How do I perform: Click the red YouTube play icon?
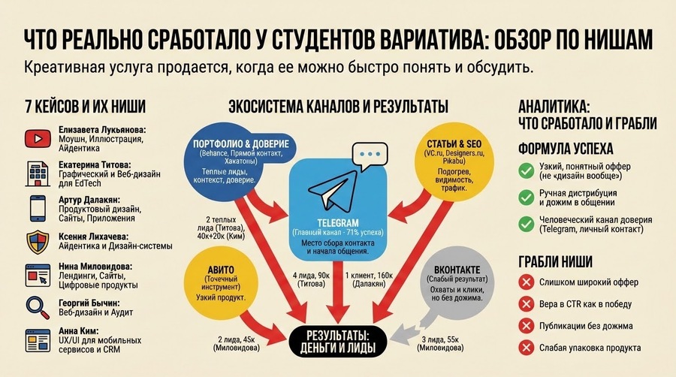click(x=38, y=139)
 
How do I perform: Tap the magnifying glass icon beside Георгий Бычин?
click(x=38, y=308)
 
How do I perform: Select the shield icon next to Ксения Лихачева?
click(x=38, y=242)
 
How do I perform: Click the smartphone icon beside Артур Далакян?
click(x=38, y=209)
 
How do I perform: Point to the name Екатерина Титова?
click(x=95, y=165)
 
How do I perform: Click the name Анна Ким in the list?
click(x=78, y=331)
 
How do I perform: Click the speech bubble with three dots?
click(x=370, y=155)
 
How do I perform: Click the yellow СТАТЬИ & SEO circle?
click(x=454, y=164)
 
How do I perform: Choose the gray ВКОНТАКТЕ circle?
click(x=457, y=282)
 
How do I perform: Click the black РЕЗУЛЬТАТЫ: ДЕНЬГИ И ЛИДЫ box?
click(x=337, y=342)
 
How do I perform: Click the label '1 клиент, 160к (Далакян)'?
click(x=369, y=279)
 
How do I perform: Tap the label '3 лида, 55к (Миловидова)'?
click(x=440, y=343)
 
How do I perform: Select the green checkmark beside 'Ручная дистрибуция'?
click(x=526, y=198)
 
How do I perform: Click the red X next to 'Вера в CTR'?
click(x=526, y=303)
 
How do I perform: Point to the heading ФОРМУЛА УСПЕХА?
click(x=566, y=149)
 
